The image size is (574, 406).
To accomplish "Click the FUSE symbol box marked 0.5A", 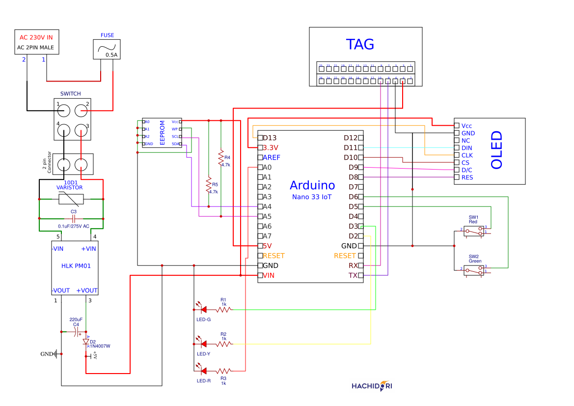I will coord(106,49).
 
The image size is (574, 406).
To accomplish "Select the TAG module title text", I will coord(360,44).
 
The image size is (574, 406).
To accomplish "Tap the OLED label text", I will coord(497,150).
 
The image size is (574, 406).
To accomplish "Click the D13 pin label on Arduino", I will coord(270,138).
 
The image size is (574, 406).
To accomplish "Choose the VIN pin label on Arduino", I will coord(269,275).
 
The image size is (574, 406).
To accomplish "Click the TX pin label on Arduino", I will coord(353,275).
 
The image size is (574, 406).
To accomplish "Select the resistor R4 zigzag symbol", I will coord(221,159).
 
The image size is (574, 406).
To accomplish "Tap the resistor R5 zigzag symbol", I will coord(209,186).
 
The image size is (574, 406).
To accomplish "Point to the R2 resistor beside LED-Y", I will coord(223,344).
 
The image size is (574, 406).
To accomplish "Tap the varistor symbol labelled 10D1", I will coord(71,199).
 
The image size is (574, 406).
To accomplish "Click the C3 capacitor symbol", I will coord(73,218).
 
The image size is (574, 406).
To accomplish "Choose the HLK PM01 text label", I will coord(76,266).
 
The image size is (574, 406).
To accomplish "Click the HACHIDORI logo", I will coord(372,386).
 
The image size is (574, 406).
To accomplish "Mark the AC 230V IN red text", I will coord(36,37).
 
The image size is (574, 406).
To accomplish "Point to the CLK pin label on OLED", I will coord(467,155).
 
